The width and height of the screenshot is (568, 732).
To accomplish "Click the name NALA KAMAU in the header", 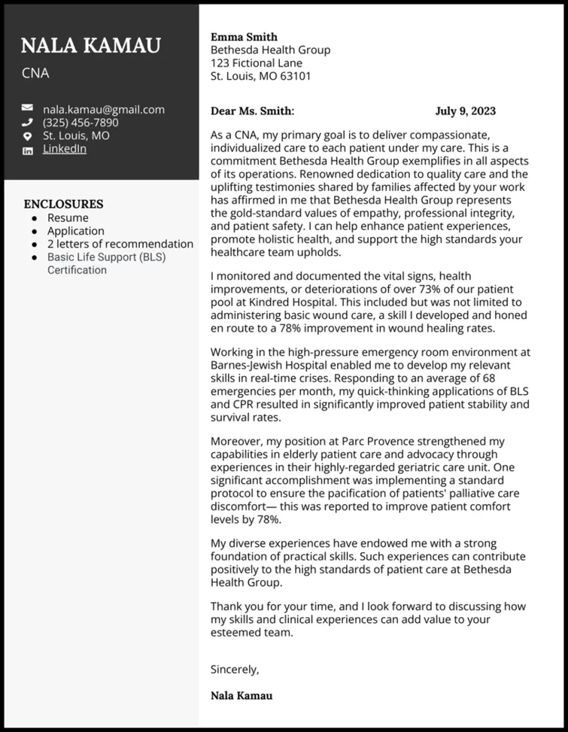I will point(90,46).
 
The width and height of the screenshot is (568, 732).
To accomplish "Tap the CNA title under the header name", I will point(35,74).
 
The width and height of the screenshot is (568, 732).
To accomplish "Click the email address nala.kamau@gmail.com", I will point(103,109).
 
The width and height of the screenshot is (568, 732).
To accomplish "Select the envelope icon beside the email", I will point(28,109).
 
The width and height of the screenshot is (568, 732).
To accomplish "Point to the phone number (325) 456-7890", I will point(80,123).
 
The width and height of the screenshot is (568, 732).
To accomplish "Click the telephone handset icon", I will point(28,123).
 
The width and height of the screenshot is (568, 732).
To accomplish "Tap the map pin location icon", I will point(28,136).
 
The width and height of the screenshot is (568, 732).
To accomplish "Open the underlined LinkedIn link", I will point(64,149).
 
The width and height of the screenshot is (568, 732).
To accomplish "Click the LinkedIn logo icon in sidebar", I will point(28,150).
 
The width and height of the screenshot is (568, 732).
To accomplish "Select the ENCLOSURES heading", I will point(63,204).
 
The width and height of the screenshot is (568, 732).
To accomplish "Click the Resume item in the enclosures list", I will point(68,218).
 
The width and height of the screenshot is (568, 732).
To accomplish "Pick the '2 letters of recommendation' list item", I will point(120,244).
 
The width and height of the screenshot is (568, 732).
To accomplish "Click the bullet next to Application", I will point(34,231).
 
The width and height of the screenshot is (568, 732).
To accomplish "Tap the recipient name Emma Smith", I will point(244,37).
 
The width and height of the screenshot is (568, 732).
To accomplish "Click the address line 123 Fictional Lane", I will point(256,63).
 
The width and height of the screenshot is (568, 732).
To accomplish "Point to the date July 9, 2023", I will point(465,111).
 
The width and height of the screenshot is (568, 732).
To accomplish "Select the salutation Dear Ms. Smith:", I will point(252,111).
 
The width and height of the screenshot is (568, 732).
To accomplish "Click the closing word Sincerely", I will point(235,669).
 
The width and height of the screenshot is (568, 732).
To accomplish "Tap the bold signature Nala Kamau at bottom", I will point(241,696).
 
